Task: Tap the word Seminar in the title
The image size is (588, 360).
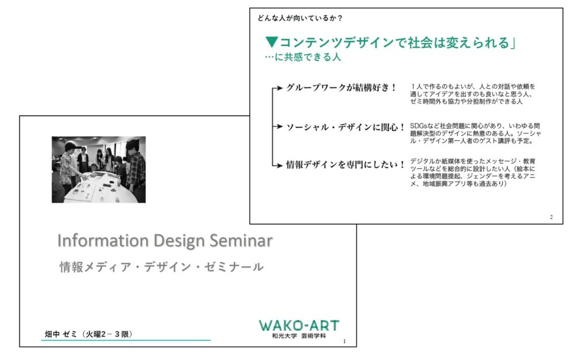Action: (x=241, y=241)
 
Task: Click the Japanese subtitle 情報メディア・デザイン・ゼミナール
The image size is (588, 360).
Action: (x=161, y=267)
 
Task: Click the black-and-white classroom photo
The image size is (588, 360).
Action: (x=99, y=169)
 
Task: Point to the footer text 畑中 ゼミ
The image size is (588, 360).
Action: (x=61, y=334)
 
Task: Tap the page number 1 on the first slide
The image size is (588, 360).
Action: (x=345, y=341)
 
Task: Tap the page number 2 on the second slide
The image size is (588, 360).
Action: (x=551, y=217)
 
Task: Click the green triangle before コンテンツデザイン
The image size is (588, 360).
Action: (x=272, y=42)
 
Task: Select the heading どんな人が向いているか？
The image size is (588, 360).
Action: (x=300, y=18)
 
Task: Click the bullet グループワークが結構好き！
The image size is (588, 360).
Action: (x=341, y=88)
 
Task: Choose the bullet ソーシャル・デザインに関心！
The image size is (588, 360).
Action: (x=345, y=127)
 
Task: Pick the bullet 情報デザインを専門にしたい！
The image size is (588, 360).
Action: (x=345, y=165)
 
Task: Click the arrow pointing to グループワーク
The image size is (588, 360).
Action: (x=277, y=88)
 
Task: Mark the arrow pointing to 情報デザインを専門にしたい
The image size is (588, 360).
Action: (x=277, y=165)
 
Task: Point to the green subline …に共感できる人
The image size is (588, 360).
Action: (x=303, y=57)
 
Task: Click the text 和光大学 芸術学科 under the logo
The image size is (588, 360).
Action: (x=299, y=336)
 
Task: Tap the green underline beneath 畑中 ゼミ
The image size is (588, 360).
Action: (x=126, y=340)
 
